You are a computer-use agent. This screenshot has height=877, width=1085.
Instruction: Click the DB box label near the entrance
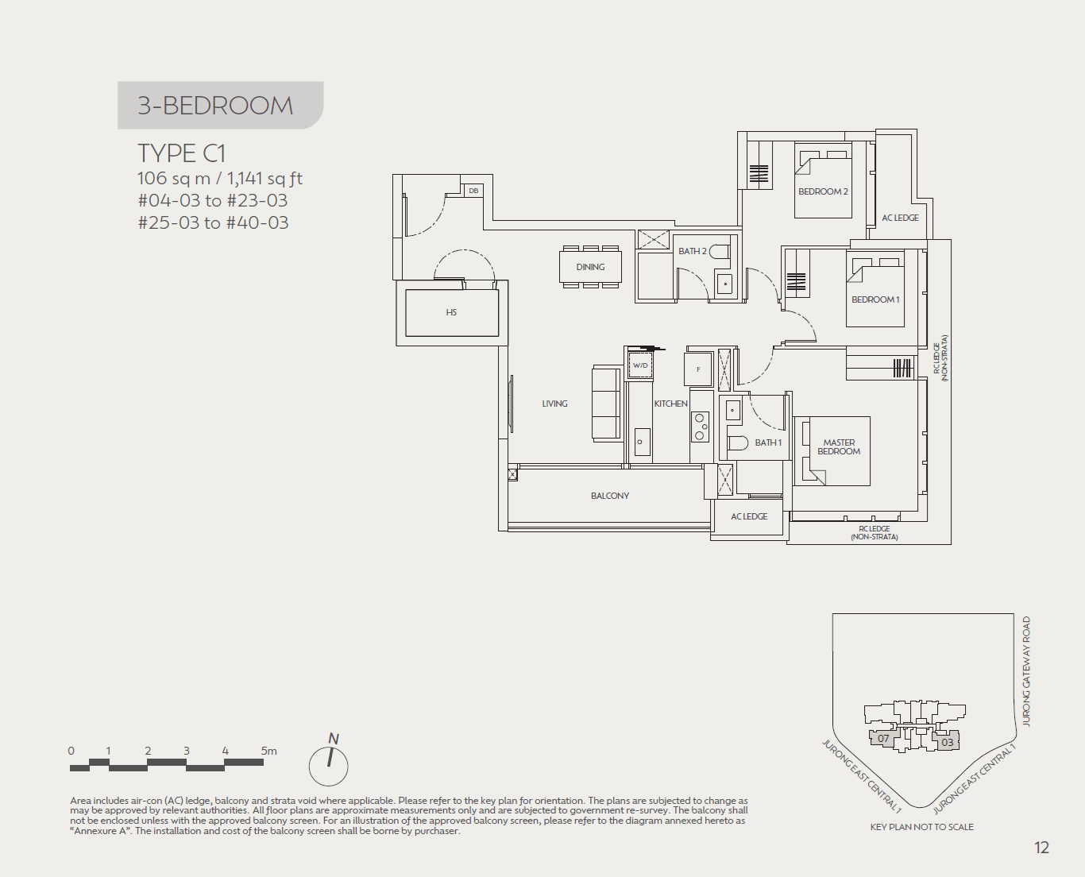pos(473,191)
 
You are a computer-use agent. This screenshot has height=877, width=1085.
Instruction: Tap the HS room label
pos(451,312)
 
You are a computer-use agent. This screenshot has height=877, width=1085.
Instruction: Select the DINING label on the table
pos(590,267)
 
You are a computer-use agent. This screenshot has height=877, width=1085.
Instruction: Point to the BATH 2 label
pos(692,251)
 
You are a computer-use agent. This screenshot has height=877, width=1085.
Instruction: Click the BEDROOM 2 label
pos(823,191)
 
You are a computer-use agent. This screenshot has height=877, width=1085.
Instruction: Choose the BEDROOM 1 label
pos(875,299)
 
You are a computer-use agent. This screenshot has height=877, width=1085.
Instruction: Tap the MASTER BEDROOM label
pos(839,447)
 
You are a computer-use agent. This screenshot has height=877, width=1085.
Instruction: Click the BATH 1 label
pos(768,442)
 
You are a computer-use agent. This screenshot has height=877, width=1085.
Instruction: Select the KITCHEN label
pos(670,404)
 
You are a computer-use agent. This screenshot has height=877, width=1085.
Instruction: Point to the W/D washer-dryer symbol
pos(640,365)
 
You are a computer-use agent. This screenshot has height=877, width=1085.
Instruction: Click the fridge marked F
pos(698,369)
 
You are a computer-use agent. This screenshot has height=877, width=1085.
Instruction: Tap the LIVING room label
pos(554,404)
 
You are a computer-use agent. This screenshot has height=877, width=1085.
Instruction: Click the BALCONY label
pos(609,496)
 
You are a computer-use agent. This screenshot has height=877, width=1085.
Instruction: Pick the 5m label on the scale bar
pos(268,751)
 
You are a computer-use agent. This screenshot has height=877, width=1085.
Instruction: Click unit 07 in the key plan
pos(883,739)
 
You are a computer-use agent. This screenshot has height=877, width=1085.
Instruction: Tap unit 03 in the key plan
pos(947,743)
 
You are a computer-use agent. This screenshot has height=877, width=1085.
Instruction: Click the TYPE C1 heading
pos(182,153)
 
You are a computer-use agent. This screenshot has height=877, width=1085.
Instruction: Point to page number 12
pos(1041,848)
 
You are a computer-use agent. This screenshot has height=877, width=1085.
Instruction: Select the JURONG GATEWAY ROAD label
pos(1026,671)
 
